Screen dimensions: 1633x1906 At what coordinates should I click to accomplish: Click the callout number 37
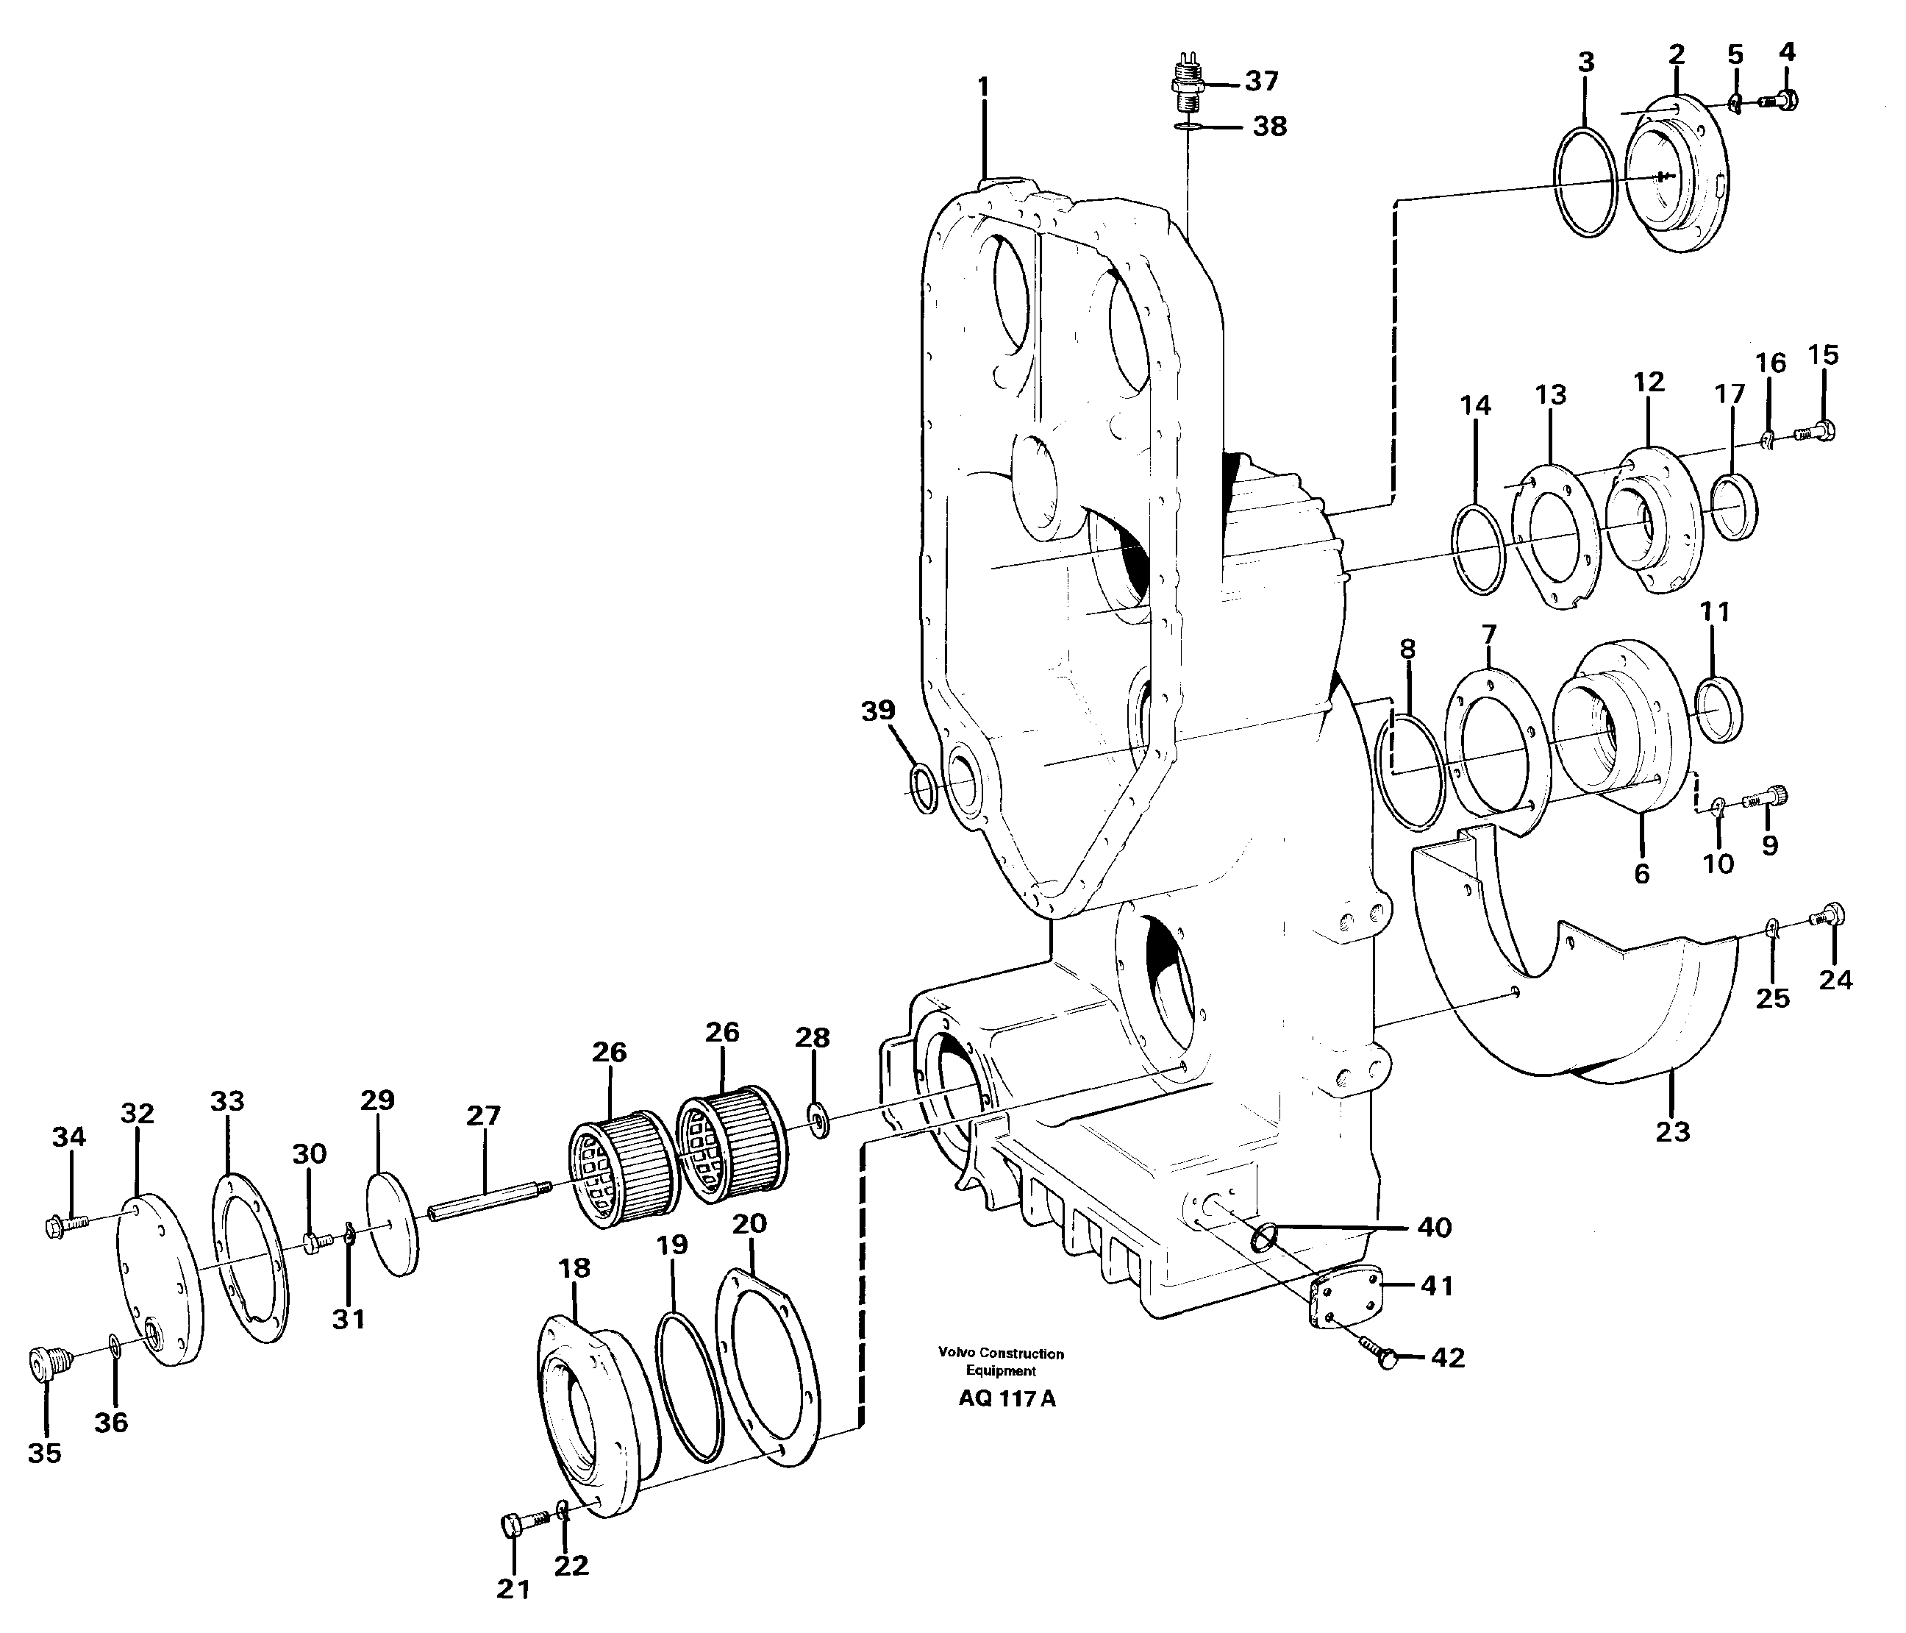[x=1261, y=82]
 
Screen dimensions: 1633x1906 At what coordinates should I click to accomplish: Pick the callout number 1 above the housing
[x=983, y=88]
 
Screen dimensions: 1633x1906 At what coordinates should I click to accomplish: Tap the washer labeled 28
[x=815, y=1119]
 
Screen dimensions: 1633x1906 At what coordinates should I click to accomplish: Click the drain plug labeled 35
[x=45, y=1362]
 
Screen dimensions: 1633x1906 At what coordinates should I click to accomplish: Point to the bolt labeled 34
[x=65, y=1225]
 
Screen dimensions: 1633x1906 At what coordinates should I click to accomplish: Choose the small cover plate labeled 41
[x=1344, y=1297]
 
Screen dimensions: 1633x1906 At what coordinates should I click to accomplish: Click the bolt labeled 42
[x=1379, y=1356]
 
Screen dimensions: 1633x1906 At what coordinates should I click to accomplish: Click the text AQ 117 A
[x=1007, y=1399]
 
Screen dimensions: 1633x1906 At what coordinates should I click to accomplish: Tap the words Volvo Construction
[x=1001, y=1353]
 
